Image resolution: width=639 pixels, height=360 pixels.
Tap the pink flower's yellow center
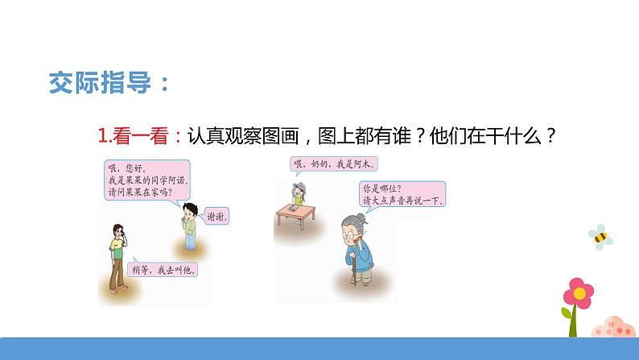click(577, 292)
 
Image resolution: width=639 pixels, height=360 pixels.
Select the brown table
click(299, 212)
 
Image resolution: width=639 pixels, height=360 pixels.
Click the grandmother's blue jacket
click(364, 262)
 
